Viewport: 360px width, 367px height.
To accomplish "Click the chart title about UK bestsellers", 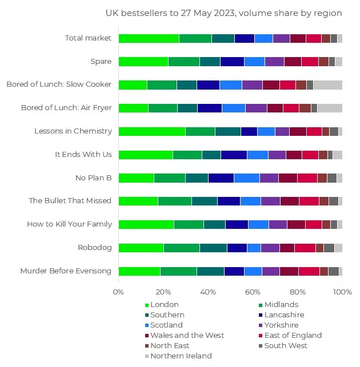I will [223, 13].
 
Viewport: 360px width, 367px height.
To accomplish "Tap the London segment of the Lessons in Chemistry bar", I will [151, 131].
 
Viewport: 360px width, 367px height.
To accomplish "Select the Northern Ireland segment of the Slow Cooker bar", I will [327, 84].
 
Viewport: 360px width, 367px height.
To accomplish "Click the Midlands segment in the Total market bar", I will [195, 38].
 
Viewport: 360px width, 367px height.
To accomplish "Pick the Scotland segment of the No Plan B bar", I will [246, 178].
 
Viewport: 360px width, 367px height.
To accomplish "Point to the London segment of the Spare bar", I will [143, 62].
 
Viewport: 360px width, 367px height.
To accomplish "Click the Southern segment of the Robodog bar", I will [213, 248].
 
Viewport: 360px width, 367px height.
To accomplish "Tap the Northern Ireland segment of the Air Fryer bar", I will [330, 108].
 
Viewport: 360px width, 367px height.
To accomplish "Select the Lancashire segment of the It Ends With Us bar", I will [234, 155].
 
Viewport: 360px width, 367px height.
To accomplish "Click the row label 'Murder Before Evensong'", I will [66, 271].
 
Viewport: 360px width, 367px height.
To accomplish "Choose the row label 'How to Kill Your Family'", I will [69, 224].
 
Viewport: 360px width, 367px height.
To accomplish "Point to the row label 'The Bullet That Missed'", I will [70, 201].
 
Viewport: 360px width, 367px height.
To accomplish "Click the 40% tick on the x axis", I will [208, 292].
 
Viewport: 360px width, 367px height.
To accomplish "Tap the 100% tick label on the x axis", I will [342, 292].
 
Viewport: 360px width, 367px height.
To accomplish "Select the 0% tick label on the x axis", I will [118, 292].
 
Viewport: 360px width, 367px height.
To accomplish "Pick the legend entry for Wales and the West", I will [187, 336].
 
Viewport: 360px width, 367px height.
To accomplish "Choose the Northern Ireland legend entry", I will [181, 356].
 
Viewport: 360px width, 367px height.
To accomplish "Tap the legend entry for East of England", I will [293, 336].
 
